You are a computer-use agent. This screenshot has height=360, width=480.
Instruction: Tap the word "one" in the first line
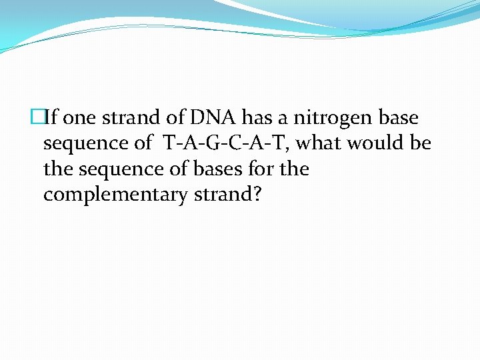[x=83, y=119]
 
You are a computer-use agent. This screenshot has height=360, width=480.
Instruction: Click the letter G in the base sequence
[x=211, y=143]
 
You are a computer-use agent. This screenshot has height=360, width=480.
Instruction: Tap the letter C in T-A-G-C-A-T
[x=233, y=143]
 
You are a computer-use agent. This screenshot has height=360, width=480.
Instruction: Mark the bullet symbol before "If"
[x=37, y=118]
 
